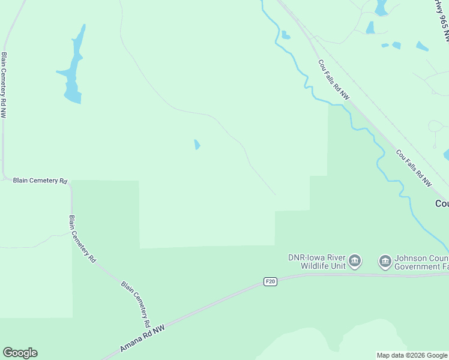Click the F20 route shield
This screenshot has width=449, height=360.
pos(271,281)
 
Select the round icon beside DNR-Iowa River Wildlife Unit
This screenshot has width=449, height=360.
pos(355,261)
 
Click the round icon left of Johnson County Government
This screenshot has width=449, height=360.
pos(385,261)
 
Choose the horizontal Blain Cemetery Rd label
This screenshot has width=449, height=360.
pos(40,180)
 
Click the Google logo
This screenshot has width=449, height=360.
pos(20,353)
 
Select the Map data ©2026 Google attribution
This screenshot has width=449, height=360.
pos(412,355)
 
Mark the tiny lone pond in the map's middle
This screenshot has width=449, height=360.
pos(197,145)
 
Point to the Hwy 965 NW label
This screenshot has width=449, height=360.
pos(443,21)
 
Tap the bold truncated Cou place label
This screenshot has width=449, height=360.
pos(442,204)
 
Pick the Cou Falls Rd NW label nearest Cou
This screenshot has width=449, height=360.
pos(414,167)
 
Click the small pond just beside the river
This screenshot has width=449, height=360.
pos(285,35)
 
